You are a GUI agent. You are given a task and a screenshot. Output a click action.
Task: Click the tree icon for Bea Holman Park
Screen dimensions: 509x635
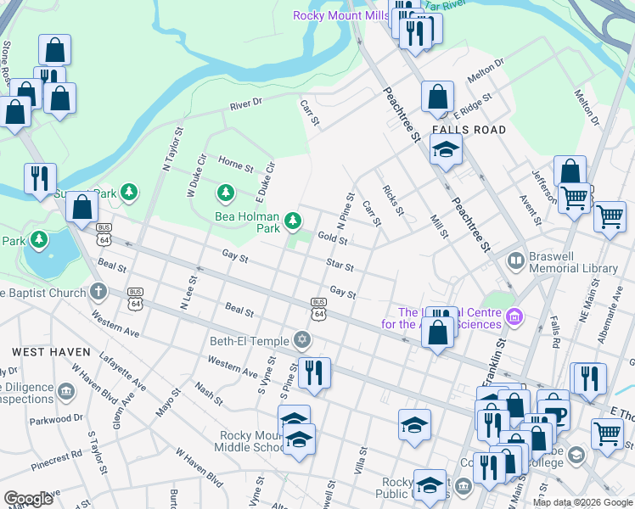[293, 221]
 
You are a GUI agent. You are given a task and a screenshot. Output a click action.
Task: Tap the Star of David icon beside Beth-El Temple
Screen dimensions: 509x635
[301, 341]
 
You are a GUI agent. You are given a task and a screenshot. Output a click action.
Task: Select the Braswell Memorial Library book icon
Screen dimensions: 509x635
[514, 260]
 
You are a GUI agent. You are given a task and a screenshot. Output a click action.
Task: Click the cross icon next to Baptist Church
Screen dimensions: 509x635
[99, 293]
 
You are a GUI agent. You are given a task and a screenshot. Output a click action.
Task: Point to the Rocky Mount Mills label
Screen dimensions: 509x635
[340, 15]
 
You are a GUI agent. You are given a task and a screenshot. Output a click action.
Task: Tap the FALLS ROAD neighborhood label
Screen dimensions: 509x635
[469, 130]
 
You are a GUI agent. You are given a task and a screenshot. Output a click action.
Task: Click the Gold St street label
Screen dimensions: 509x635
[332, 240]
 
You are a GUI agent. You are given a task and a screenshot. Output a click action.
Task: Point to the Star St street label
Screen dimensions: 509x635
[339, 266]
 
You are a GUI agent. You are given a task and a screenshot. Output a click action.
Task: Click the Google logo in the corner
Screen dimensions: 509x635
[28, 498]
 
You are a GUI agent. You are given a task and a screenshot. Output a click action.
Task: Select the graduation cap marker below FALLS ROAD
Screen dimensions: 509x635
[444, 150]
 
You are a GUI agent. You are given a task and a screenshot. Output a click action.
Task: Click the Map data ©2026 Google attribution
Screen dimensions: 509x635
[582, 502]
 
